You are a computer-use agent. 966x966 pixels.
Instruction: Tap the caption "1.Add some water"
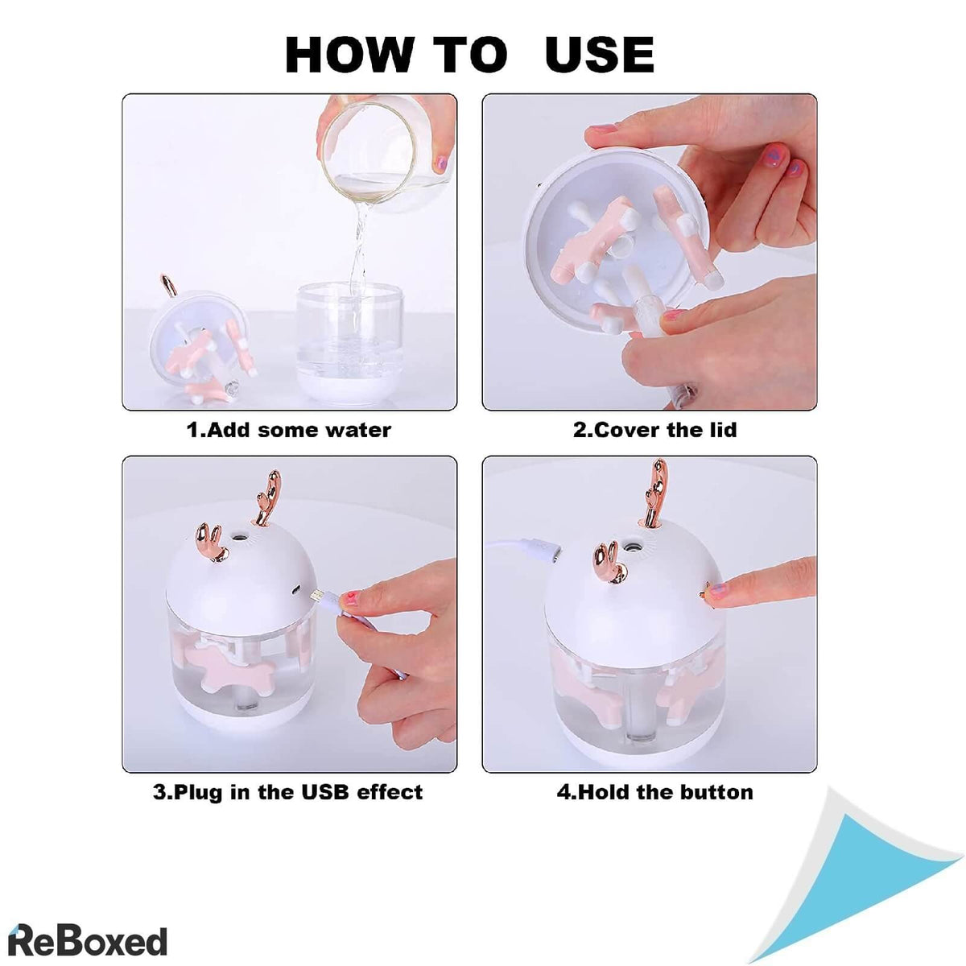[289, 430]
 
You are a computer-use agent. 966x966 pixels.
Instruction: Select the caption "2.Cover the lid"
[654, 430]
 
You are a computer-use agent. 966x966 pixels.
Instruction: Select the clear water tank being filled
[349, 341]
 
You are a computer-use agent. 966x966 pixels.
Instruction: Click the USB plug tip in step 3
[316, 596]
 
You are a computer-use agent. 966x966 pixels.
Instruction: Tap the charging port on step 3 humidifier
[296, 589]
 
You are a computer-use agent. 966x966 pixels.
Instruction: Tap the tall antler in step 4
[657, 494]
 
